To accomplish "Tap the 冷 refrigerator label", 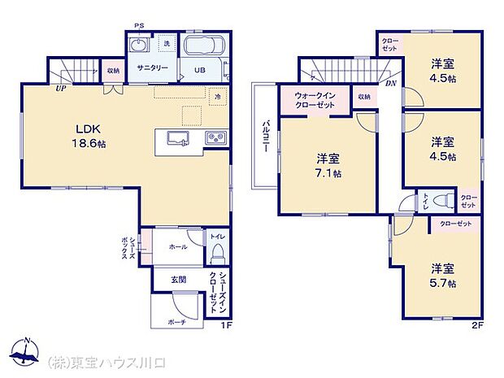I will tap(217, 96).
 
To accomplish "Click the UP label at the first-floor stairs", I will tap(61, 89).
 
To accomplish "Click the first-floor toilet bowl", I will tap(216, 255).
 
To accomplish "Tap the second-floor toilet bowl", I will tap(441, 199).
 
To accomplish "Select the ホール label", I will tap(179, 246).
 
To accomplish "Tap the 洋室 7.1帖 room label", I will tap(328, 166).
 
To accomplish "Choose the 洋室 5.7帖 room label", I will tap(443, 275).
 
